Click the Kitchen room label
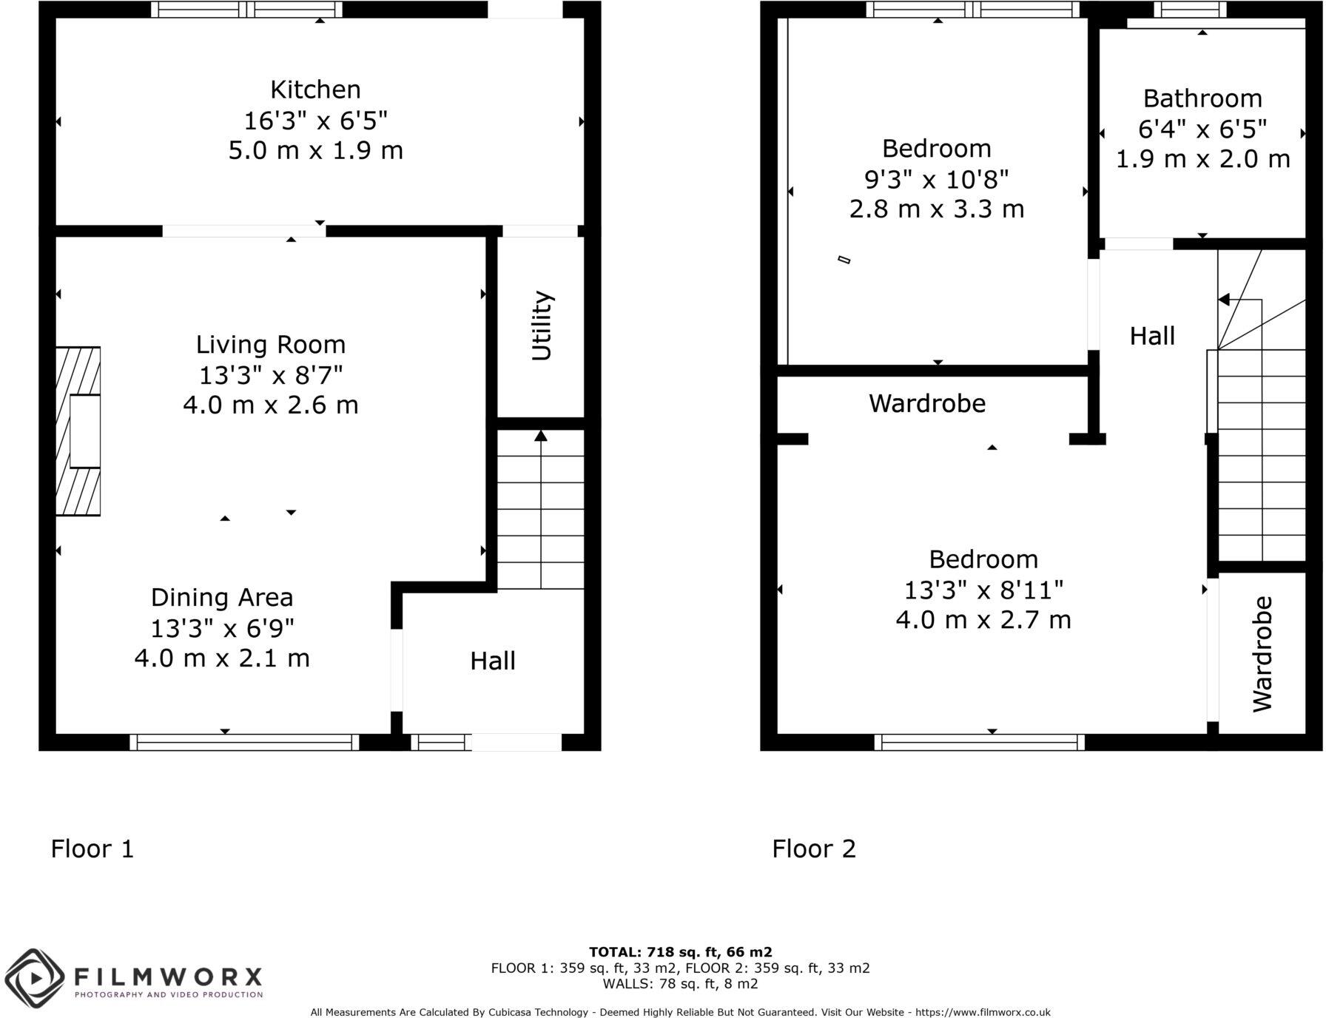(x=315, y=90)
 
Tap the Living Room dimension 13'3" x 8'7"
(x=271, y=375)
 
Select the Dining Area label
(x=222, y=597)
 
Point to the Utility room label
(x=542, y=326)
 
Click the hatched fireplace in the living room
(x=78, y=431)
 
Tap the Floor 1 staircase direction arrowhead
(x=541, y=436)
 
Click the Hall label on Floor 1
(x=493, y=661)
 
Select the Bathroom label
(x=1202, y=98)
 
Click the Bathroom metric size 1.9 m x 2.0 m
(x=1202, y=159)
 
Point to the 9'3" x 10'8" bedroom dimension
(x=937, y=179)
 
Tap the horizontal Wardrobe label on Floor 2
(x=927, y=403)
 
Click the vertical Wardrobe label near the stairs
(x=1262, y=654)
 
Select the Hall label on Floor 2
(x=1152, y=336)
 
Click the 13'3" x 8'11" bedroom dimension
(x=983, y=590)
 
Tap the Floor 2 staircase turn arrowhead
(x=1224, y=300)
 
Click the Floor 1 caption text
(x=92, y=848)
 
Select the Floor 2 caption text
(x=814, y=848)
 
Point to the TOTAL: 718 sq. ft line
(x=680, y=951)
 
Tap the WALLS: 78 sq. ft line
(x=680, y=984)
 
